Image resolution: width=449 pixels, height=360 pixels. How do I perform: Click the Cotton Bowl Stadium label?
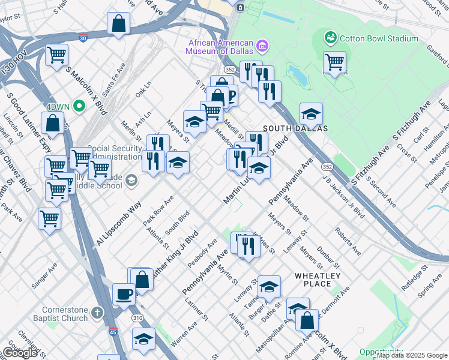click(378, 39)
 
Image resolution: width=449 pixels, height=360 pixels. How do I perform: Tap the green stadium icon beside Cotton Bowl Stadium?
click(330, 38)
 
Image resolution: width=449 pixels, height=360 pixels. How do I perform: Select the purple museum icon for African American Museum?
click(262, 46)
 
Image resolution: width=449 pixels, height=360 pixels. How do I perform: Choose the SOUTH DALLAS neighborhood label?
click(295, 128)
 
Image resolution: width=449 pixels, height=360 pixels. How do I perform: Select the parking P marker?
click(229, 95)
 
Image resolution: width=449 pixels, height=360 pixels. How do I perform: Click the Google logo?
click(20, 352)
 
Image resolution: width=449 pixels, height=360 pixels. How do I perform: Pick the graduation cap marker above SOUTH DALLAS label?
click(311, 114)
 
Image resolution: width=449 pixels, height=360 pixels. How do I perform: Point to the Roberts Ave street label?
click(348, 241)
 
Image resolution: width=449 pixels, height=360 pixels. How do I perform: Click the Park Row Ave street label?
click(158, 209)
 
